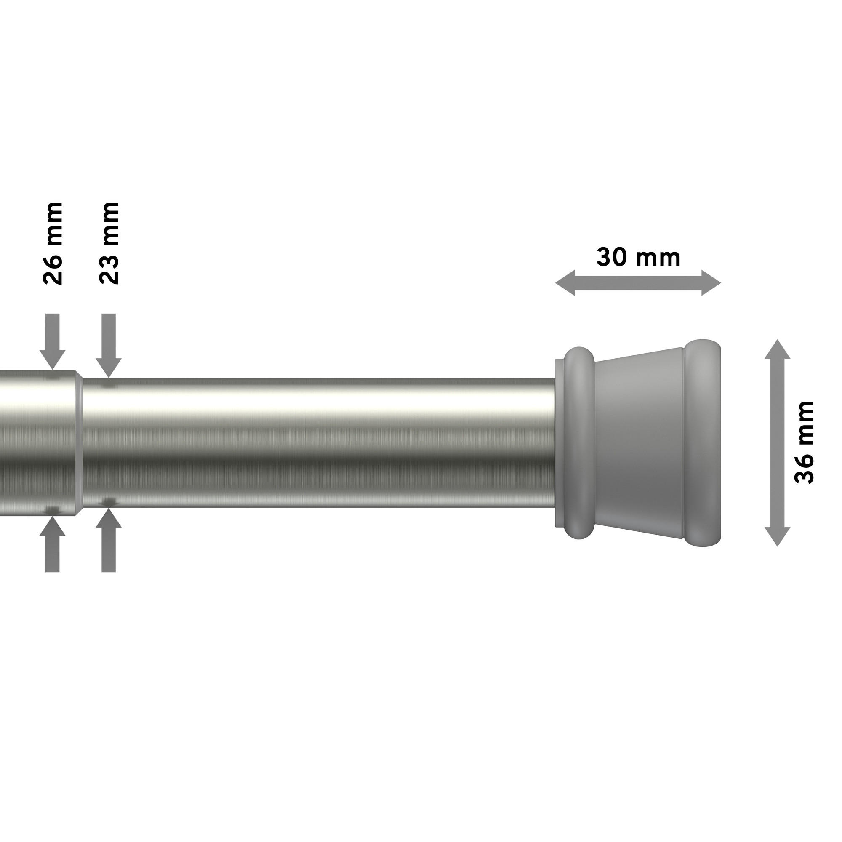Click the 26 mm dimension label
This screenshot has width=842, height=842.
[53, 243]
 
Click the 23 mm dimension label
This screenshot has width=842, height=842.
[109, 243]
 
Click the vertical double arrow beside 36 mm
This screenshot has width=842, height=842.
[778, 442]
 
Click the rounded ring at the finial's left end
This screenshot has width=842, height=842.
[579, 442]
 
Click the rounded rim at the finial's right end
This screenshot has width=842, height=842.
[702, 442]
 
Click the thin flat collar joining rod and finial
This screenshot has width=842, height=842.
[558, 442]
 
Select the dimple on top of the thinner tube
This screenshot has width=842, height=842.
[109, 385]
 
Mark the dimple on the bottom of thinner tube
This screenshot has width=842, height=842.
[109, 502]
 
